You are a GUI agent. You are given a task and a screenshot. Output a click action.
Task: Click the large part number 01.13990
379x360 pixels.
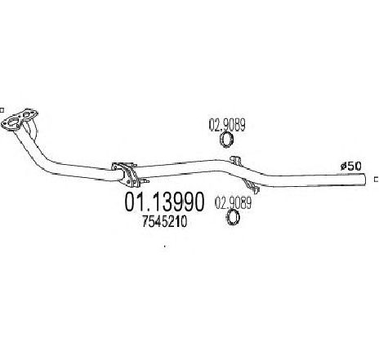tap(164, 202)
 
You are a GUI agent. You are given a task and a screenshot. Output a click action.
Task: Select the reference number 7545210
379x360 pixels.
tap(164, 222)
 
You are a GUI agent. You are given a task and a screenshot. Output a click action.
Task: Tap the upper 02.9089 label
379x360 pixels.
tap(227, 125)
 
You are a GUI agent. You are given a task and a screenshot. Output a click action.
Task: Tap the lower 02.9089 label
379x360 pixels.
tap(233, 203)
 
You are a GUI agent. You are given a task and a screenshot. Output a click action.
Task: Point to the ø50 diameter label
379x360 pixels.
tap(350, 166)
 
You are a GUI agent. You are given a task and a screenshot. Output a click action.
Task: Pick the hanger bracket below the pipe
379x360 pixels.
tap(251, 186)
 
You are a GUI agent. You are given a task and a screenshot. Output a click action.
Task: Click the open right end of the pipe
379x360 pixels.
tap(364, 180)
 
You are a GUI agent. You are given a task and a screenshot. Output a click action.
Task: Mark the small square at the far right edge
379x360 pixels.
tap(377, 180)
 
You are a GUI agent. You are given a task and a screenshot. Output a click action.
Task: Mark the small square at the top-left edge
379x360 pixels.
tap(2, 110)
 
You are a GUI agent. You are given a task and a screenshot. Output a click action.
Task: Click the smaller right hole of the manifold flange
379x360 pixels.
tap(27, 114)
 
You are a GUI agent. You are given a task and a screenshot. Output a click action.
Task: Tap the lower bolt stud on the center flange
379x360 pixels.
tap(144, 180)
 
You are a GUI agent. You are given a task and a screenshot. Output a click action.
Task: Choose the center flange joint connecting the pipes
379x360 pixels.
tap(127, 175)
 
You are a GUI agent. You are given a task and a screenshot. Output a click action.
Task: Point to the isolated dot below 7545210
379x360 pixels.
tap(164, 247)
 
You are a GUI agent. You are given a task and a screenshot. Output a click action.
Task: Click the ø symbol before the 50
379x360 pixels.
tap(344, 166)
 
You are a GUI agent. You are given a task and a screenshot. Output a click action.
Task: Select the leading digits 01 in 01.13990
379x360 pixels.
tap(134, 202)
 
